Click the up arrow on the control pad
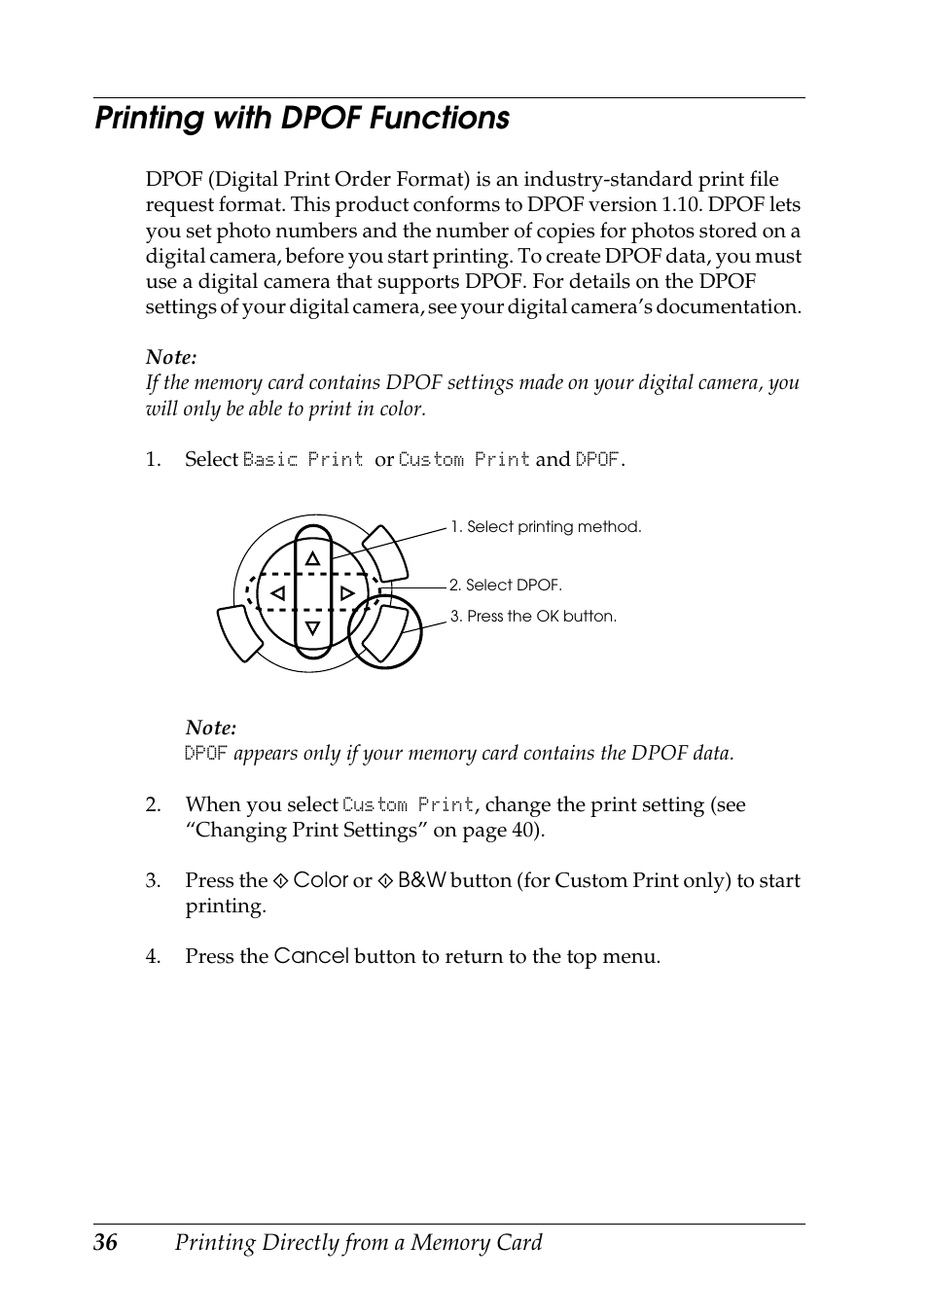coord(312,558)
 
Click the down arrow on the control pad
coord(312,628)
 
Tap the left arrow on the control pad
coord(278,593)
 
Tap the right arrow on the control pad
coord(347,593)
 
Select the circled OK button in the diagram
coord(386,632)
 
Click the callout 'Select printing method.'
coord(553,527)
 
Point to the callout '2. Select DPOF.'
coord(505,586)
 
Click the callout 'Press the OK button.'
coord(541,617)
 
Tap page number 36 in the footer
coord(106,1243)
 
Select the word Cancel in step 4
coord(310,956)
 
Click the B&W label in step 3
coord(421,880)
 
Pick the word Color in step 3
coord(320,880)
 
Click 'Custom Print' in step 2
coord(408,805)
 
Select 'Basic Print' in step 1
coord(303,459)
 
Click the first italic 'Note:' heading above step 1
coord(171,358)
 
